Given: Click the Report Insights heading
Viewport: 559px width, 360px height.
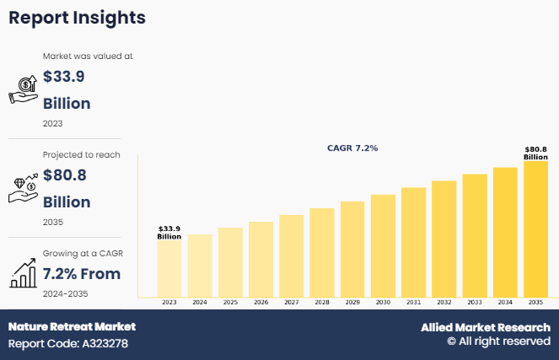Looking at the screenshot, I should pyautogui.click(x=77, y=18).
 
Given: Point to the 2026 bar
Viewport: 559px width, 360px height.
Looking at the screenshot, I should pyautogui.click(x=261, y=259).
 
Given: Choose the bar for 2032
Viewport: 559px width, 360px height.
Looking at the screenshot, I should pyautogui.click(x=443, y=239).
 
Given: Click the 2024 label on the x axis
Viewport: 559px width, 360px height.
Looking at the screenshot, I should pyautogui.click(x=200, y=302).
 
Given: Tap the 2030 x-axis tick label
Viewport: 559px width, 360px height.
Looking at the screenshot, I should pyautogui.click(x=383, y=302).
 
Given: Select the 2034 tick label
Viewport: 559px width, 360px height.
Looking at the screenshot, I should pyautogui.click(x=505, y=302).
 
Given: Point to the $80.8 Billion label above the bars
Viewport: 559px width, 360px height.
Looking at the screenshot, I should pyautogui.click(x=535, y=153).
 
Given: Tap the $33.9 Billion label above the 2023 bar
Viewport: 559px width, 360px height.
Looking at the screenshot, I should pyautogui.click(x=169, y=232).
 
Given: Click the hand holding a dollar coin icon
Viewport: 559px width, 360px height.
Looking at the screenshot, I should pyautogui.click(x=23, y=88).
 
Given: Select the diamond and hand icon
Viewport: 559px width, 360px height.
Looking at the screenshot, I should pyautogui.click(x=23, y=188).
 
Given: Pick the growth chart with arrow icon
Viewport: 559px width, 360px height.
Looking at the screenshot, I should pyautogui.click(x=23, y=272).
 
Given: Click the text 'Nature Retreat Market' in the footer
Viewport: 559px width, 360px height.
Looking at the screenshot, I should pyautogui.click(x=72, y=326).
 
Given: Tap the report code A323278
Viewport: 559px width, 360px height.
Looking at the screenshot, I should pyautogui.click(x=68, y=343).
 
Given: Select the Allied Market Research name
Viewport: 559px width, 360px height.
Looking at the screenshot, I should pyautogui.click(x=486, y=327).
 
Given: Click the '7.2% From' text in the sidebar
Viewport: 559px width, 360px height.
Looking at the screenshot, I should pyautogui.click(x=82, y=273).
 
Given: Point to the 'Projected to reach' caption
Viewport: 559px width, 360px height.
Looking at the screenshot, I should pyautogui.click(x=82, y=154).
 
